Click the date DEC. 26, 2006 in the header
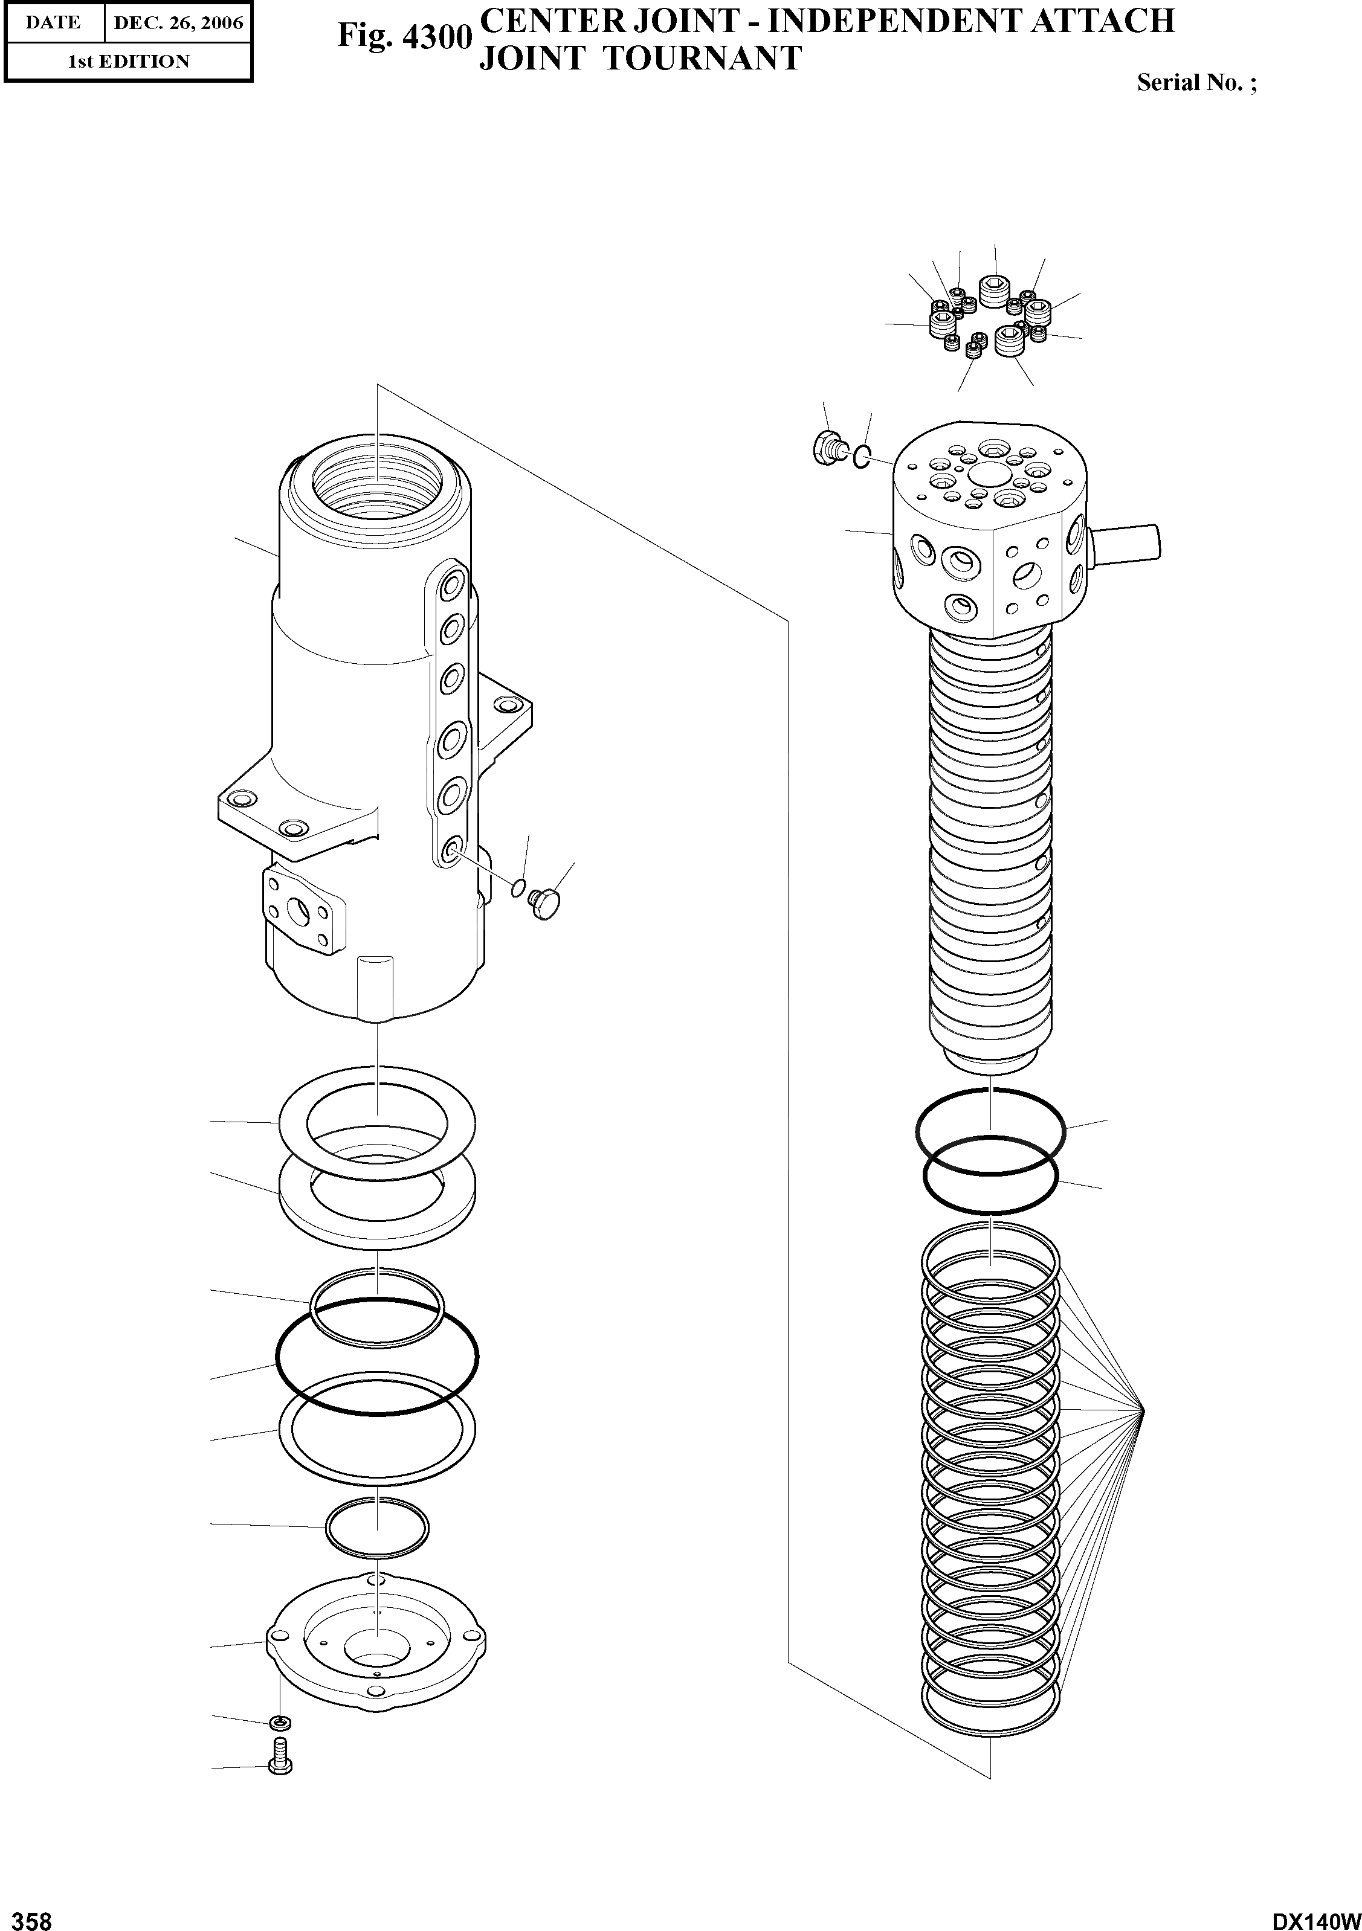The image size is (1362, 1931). point(178,23)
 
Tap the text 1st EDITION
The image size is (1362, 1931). point(128,62)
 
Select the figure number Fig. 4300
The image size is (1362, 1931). point(401,37)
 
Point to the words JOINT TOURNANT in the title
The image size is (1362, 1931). point(639,59)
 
